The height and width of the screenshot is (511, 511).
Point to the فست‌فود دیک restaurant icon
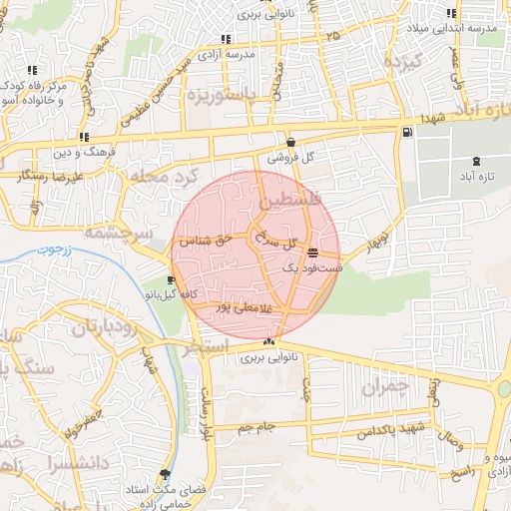point(314,253)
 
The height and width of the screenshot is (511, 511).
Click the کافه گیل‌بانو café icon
point(173,280)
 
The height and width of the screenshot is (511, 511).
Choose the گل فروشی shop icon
point(290,142)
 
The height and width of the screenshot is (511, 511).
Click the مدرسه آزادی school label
point(227,55)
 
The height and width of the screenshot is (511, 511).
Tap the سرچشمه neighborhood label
point(116,232)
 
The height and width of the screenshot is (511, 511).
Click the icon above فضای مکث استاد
point(165,474)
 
